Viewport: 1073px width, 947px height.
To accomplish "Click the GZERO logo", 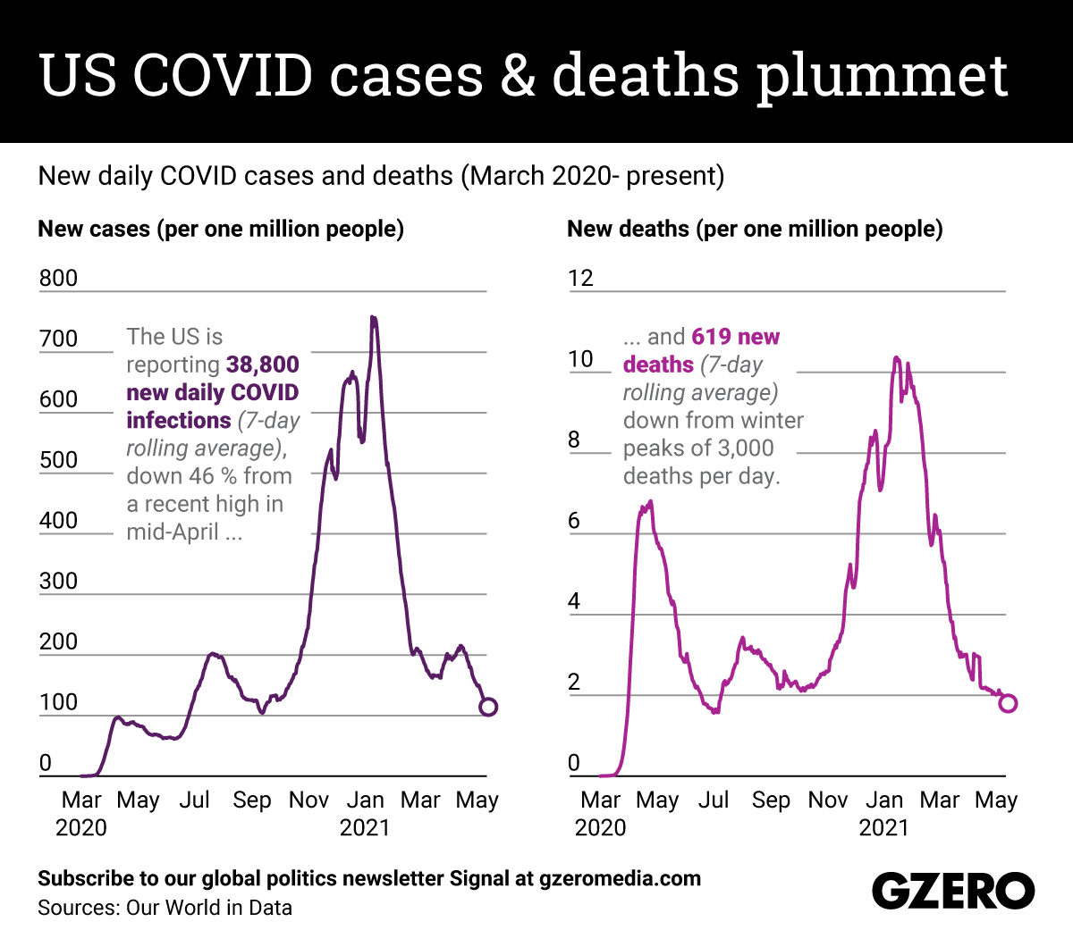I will (x=952, y=891).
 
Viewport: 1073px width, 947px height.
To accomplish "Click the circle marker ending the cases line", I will (x=487, y=707).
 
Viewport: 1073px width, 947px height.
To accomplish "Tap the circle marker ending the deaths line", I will (x=1007, y=703).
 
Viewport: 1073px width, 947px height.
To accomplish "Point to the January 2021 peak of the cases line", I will (x=373, y=318).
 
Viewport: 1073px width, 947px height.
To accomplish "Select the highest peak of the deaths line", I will (x=896, y=358).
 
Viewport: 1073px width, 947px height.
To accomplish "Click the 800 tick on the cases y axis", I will (x=58, y=279).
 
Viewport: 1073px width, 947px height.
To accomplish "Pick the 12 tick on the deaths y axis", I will (x=580, y=279).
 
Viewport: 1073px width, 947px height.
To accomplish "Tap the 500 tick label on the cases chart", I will (x=58, y=460).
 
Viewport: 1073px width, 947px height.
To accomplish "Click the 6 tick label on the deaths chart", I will (x=574, y=521).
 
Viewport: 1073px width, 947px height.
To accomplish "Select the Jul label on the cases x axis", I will (x=194, y=800).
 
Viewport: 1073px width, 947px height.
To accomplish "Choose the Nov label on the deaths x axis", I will (x=827, y=800).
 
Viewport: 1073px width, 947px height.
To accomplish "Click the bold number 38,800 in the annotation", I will (x=262, y=365).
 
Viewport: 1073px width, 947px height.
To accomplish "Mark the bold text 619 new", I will (x=735, y=337).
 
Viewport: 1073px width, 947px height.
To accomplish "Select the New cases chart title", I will (x=221, y=229).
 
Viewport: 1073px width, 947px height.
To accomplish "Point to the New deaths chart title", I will (x=755, y=229).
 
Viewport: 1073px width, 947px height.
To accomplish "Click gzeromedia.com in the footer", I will (x=620, y=878).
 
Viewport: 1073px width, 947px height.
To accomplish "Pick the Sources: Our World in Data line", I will (x=165, y=908).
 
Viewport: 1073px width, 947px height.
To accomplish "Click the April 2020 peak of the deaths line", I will (x=650, y=502).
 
